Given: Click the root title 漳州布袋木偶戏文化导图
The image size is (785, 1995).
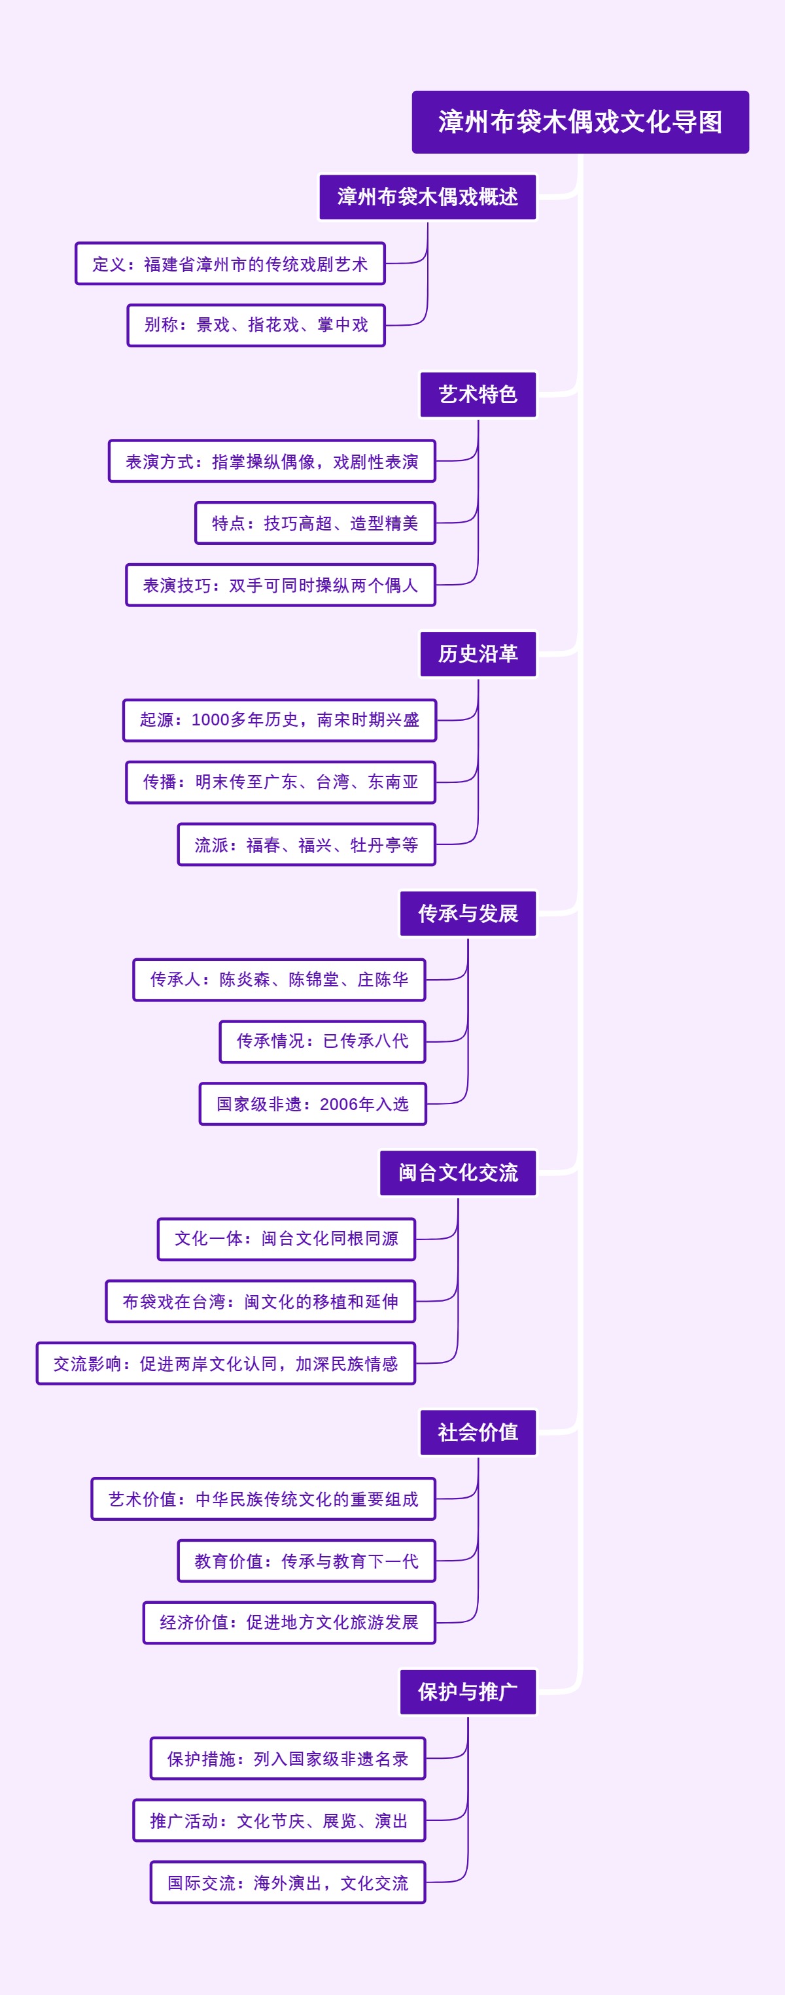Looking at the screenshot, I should pyautogui.click(x=580, y=122).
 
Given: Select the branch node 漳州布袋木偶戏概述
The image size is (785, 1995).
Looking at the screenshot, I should pyautogui.click(x=427, y=197).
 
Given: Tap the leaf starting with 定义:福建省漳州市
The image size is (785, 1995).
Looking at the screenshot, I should pyautogui.click(x=230, y=264).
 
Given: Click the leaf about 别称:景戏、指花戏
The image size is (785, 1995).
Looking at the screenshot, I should pyautogui.click(x=256, y=325).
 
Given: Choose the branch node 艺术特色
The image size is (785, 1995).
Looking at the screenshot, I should pyautogui.click(x=478, y=394).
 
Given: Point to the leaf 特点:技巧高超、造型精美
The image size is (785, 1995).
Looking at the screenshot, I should pyautogui.click(x=315, y=523).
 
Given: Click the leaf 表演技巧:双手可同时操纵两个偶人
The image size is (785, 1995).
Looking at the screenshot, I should pyautogui.click(x=280, y=585).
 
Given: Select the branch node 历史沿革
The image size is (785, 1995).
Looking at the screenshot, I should pyautogui.click(x=478, y=653).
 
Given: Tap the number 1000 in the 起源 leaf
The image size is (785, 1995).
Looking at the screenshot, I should pyautogui.click(x=210, y=720).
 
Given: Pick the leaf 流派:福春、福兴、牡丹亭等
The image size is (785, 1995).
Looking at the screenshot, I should pyautogui.click(x=307, y=844).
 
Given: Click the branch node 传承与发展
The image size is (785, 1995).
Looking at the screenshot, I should pyautogui.click(x=468, y=913).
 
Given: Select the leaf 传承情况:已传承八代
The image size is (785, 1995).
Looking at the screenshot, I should pyautogui.click(x=322, y=1041).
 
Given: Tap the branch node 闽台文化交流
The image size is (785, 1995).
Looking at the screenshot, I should pyautogui.click(x=457, y=1173).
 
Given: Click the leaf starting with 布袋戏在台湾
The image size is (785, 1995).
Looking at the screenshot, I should pyautogui.click(x=260, y=1301).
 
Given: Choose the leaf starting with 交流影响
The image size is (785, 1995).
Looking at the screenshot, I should pyautogui.click(x=225, y=1363).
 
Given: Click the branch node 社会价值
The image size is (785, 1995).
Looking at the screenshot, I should pyautogui.click(x=478, y=1432).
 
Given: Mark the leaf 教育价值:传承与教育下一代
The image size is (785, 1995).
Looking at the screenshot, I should pyautogui.click(x=307, y=1561).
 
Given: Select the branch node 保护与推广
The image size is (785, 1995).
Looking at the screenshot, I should pyautogui.click(x=468, y=1691).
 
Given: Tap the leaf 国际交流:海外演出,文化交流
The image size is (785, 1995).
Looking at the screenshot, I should pyautogui.click(x=288, y=1882).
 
